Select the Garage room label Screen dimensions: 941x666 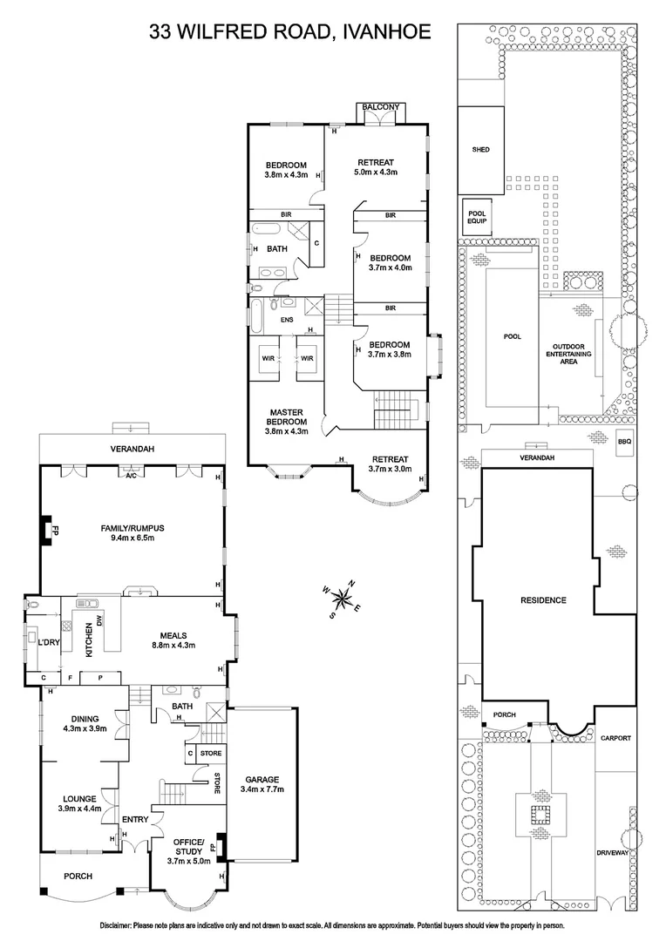[262, 784]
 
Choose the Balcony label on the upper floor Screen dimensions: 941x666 [382, 107]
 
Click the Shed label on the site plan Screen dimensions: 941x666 [480, 150]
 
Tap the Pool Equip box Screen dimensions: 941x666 [476, 217]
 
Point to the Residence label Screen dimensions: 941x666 [543, 600]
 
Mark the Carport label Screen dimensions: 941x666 [615, 738]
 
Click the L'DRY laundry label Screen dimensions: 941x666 [47, 642]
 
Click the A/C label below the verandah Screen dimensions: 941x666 [131, 476]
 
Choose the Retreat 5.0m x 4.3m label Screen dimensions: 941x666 [376, 166]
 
